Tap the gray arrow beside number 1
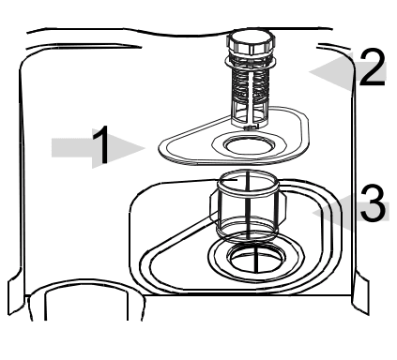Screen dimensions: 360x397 pos(77,148)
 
